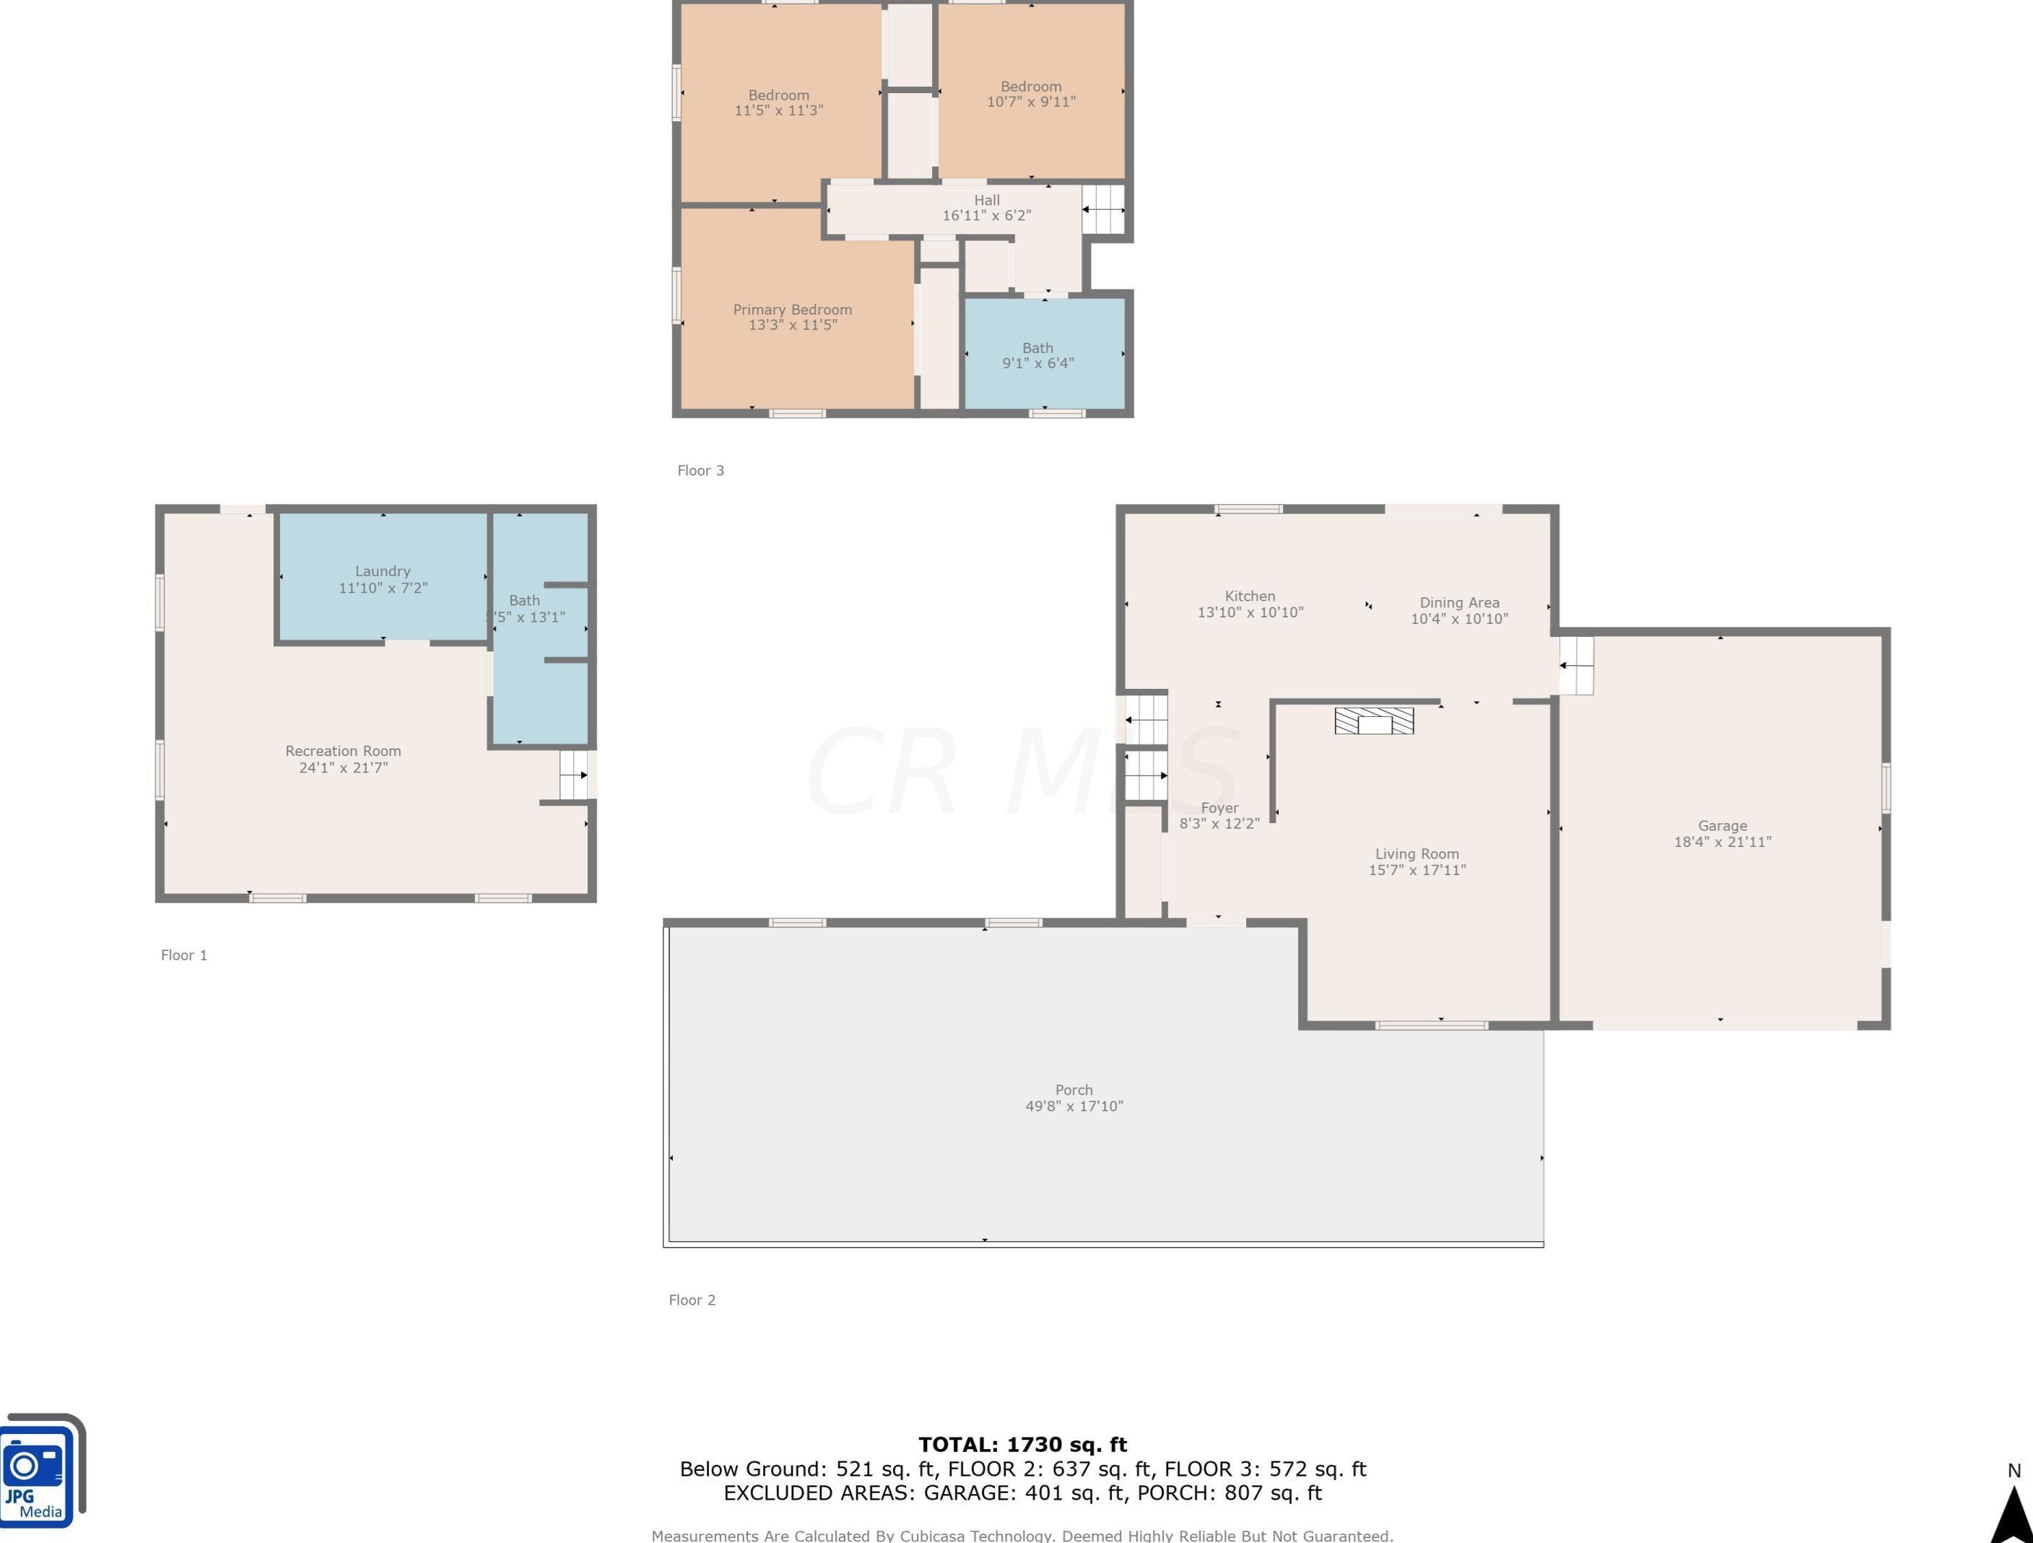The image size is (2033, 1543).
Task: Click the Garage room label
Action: [x=1723, y=825]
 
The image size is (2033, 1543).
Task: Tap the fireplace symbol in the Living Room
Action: [x=1374, y=721]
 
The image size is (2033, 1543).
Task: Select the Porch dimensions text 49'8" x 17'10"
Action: [x=1074, y=1105]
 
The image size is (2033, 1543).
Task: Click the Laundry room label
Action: [x=383, y=570]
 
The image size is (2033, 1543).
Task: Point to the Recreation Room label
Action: [x=343, y=751]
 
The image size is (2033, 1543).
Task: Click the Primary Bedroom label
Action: [x=792, y=310]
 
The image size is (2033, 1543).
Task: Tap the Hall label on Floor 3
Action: [x=987, y=199]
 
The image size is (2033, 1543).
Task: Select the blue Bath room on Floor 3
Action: [x=1044, y=353]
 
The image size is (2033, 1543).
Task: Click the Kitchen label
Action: [x=1250, y=596]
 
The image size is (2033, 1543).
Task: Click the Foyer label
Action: [x=1219, y=808]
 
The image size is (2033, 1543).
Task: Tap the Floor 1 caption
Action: [x=184, y=955]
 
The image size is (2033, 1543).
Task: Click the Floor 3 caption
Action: [x=700, y=471]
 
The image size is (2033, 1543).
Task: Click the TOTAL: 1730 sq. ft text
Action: [x=1023, y=1444]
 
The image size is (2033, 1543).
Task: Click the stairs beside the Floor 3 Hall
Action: [x=1103, y=209]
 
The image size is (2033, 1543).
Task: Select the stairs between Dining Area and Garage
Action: [x=1576, y=665]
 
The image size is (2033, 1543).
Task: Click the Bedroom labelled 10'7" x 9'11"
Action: [x=1031, y=94]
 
